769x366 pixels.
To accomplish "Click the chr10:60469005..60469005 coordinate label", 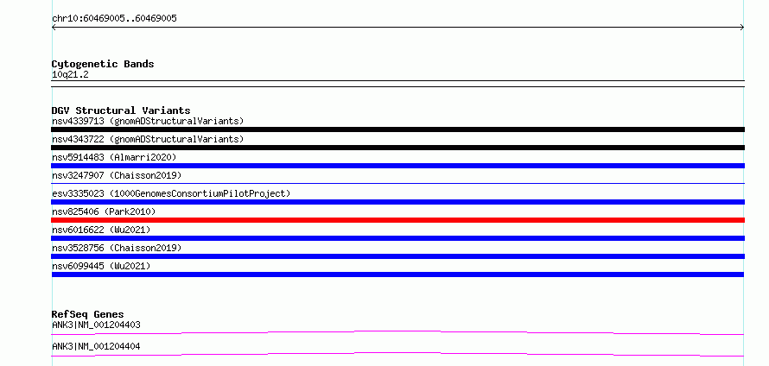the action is click(x=114, y=19).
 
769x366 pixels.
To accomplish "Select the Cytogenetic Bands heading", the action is click(x=103, y=64).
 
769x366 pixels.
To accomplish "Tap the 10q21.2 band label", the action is click(x=70, y=75).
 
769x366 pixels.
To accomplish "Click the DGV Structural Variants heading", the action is click(x=121, y=110).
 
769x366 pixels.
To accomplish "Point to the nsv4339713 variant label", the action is click(x=148, y=121).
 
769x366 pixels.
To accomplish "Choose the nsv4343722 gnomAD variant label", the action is click(x=148, y=139).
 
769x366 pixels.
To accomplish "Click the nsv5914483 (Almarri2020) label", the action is click(x=114, y=157).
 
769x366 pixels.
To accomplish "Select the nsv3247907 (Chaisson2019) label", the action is click(x=117, y=175).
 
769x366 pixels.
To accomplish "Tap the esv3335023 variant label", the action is click(x=171, y=193).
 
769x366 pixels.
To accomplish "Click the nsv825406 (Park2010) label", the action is click(x=104, y=211).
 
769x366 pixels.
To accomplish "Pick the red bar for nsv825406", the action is click(x=397, y=220).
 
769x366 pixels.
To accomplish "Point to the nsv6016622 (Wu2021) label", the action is click(x=101, y=230).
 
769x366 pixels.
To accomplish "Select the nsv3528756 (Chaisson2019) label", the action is click(x=117, y=248).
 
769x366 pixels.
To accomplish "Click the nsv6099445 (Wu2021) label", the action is click(x=101, y=266).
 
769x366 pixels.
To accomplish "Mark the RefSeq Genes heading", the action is click(x=88, y=314).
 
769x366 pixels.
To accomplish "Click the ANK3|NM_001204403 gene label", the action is click(x=96, y=325).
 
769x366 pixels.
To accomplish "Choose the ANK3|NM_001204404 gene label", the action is click(x=96, y=346).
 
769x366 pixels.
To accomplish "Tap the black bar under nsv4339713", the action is click(x=397, y=129).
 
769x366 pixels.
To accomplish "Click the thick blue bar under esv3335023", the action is click(x=397, y=202).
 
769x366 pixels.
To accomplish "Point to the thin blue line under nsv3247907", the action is click(x=397, y=183).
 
